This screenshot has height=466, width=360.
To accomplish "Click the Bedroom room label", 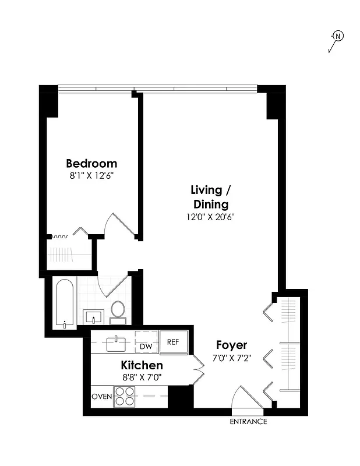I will [x=91, y=164].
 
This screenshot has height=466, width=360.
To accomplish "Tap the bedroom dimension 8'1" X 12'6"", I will [x=91, y=175].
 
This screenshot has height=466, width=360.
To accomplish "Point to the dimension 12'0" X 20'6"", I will [x=210, y=216].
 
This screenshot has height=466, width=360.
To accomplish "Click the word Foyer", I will [x=232, y=344].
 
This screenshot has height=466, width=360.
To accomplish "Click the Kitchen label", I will [x=142, y=366].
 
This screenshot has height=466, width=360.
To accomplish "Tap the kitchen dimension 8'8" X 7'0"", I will [x=142, y=377].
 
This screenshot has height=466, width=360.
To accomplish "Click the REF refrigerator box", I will [x=173, y=342].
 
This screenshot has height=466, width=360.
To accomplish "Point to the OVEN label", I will [x=101, y=397].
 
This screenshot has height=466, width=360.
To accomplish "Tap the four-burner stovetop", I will [x=125, y=397].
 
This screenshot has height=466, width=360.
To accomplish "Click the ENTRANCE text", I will [x=248, y=421].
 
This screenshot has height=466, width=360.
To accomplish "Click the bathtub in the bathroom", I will [x=63, y=302].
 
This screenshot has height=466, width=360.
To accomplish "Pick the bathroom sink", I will [x=93, y=317].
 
